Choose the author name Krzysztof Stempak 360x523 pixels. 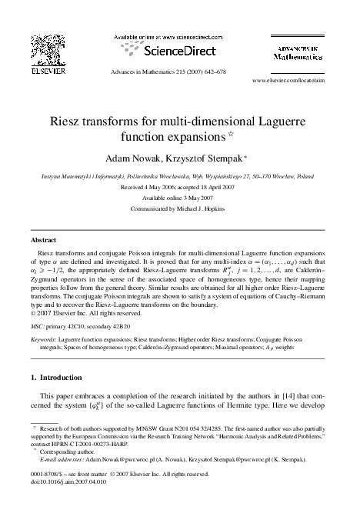(x=215, y=160)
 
